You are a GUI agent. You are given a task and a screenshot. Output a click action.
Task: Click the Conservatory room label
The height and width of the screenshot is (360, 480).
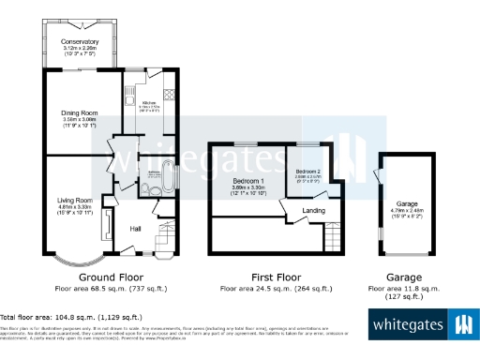click(80, 42)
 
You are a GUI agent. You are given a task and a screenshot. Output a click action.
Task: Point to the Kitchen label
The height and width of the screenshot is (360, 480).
click(148, 103)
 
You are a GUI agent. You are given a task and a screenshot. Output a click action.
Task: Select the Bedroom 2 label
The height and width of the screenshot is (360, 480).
click(307, 172)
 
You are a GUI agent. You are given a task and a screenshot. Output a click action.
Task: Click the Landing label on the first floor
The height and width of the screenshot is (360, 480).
click(314, 211)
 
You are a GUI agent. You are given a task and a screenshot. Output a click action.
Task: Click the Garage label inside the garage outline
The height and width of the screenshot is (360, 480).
click(406, 203)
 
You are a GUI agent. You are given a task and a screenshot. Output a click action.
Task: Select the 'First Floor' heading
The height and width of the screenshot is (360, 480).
click(276, 278)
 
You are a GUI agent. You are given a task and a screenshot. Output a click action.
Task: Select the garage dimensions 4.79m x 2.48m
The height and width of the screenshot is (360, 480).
click(406, 212)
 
